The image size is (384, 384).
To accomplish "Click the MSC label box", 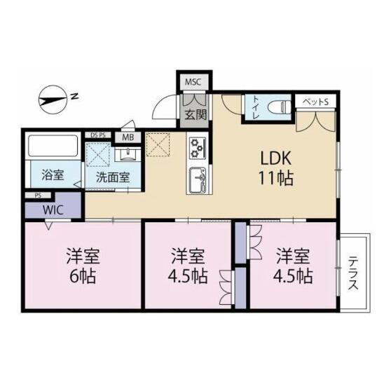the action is pyautogui.click(x=193, y=82).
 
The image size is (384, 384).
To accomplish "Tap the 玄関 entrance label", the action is pyautogui.click(x=196, y=114).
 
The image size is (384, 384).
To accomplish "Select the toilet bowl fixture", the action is pyautogui.click(x=279, y=107).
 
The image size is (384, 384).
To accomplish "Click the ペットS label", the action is pyautogui.click(x=315, y=102).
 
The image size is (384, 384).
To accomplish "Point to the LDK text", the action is pyautogui.click(x=276, y=158).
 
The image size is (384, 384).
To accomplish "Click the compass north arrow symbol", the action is pyautogui.click(x=53, y=100).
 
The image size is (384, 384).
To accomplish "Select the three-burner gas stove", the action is pyautogui.click(x=197, y=148).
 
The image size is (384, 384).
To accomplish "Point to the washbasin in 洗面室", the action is pyautogui.click(x=128, y=154).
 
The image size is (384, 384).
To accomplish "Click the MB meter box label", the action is pyautogui.click(x=128, y=137).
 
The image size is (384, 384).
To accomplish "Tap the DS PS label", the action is pyautogui.click(x=98, y=135).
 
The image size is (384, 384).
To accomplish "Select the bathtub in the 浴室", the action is pyautogui.click(x=53, y=146).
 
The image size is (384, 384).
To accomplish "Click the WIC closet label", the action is pyautogui.click(x=53, y=210).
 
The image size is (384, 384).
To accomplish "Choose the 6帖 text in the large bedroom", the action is pyautogui.click(x=83, y=277).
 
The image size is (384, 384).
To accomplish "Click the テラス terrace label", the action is pyautogui.click(x=353, y=273).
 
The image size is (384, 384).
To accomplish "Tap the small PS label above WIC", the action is pyautogui.click(x=38, y=196).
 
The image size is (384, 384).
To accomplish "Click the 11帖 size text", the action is pyautogui.click(x=276, y=178).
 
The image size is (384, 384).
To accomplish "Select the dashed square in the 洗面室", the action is pyautogui.click(x=98, y=155).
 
